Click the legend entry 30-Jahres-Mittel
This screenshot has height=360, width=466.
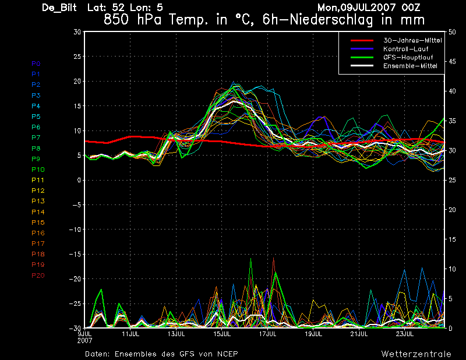click(x=412, y=40)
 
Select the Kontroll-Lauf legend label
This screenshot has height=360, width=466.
click(x=405, y=49)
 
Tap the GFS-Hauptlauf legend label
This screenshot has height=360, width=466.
click(x=408, y=57)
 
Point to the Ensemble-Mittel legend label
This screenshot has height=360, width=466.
click(x=410, y=66)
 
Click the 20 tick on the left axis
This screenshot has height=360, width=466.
click(x=77, y=81)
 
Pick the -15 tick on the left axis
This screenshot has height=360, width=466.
click(x=75, y=254)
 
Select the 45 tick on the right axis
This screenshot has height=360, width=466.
click(x=452, y=62)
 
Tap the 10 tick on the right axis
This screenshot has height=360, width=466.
click(x=452, y=269)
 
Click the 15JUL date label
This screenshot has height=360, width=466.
click(x=222, y=334)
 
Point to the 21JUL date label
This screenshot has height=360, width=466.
click(x=359, y=334)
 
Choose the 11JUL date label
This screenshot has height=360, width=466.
click(x=130, y=334)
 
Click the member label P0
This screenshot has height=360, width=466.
click(x=36, y=63)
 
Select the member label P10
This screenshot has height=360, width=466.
click(x=38, y=170)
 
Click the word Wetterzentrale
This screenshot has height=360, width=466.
click(x=416, y=354)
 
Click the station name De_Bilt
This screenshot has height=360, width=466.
click(x=59, y=8)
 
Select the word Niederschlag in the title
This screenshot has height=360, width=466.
click(x=331, y=20)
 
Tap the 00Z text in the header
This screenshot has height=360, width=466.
click(x=411, y=7)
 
